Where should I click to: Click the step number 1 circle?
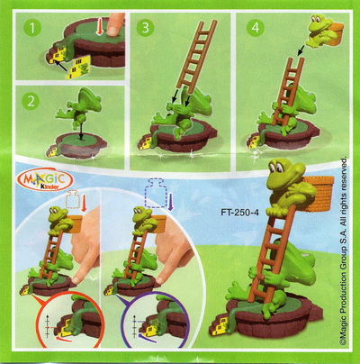31,28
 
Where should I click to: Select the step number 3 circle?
145,28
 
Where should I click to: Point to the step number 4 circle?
255,28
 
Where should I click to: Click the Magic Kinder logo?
46,180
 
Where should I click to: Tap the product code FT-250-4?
239,213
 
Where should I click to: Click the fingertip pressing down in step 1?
115,25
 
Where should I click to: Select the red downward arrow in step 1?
100,28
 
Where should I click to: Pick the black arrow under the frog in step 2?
80,130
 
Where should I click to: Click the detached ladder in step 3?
195,55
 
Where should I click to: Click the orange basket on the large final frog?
320,193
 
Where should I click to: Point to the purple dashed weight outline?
155,194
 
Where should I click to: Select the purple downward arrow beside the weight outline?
171,203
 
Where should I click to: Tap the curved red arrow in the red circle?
64,339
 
